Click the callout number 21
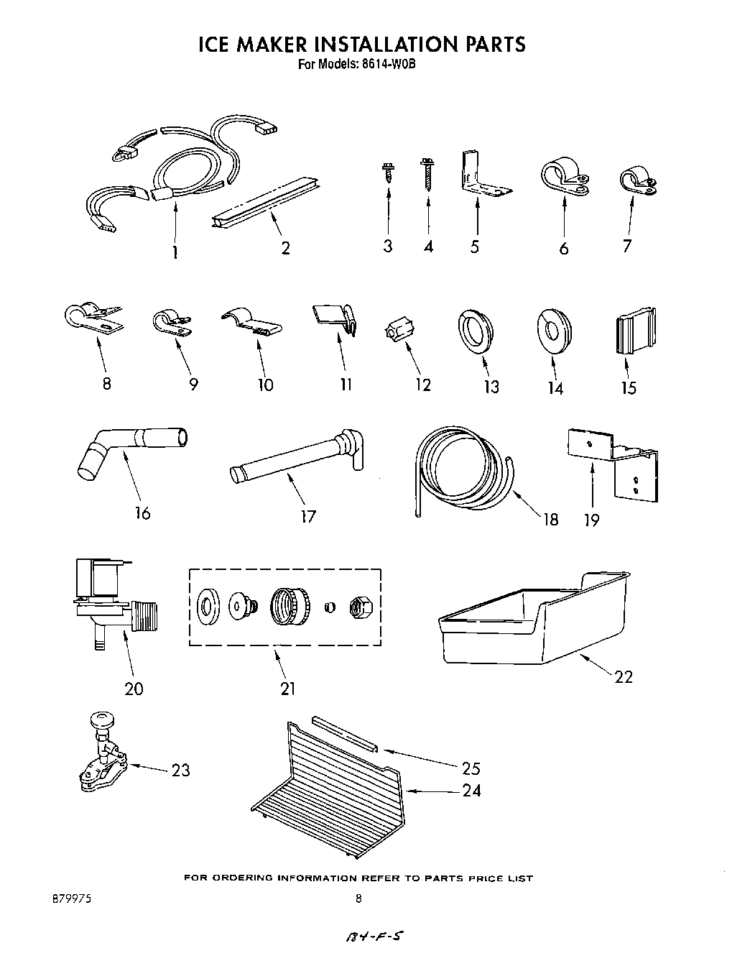tap(287, 689)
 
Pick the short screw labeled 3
tap(387, 173)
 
